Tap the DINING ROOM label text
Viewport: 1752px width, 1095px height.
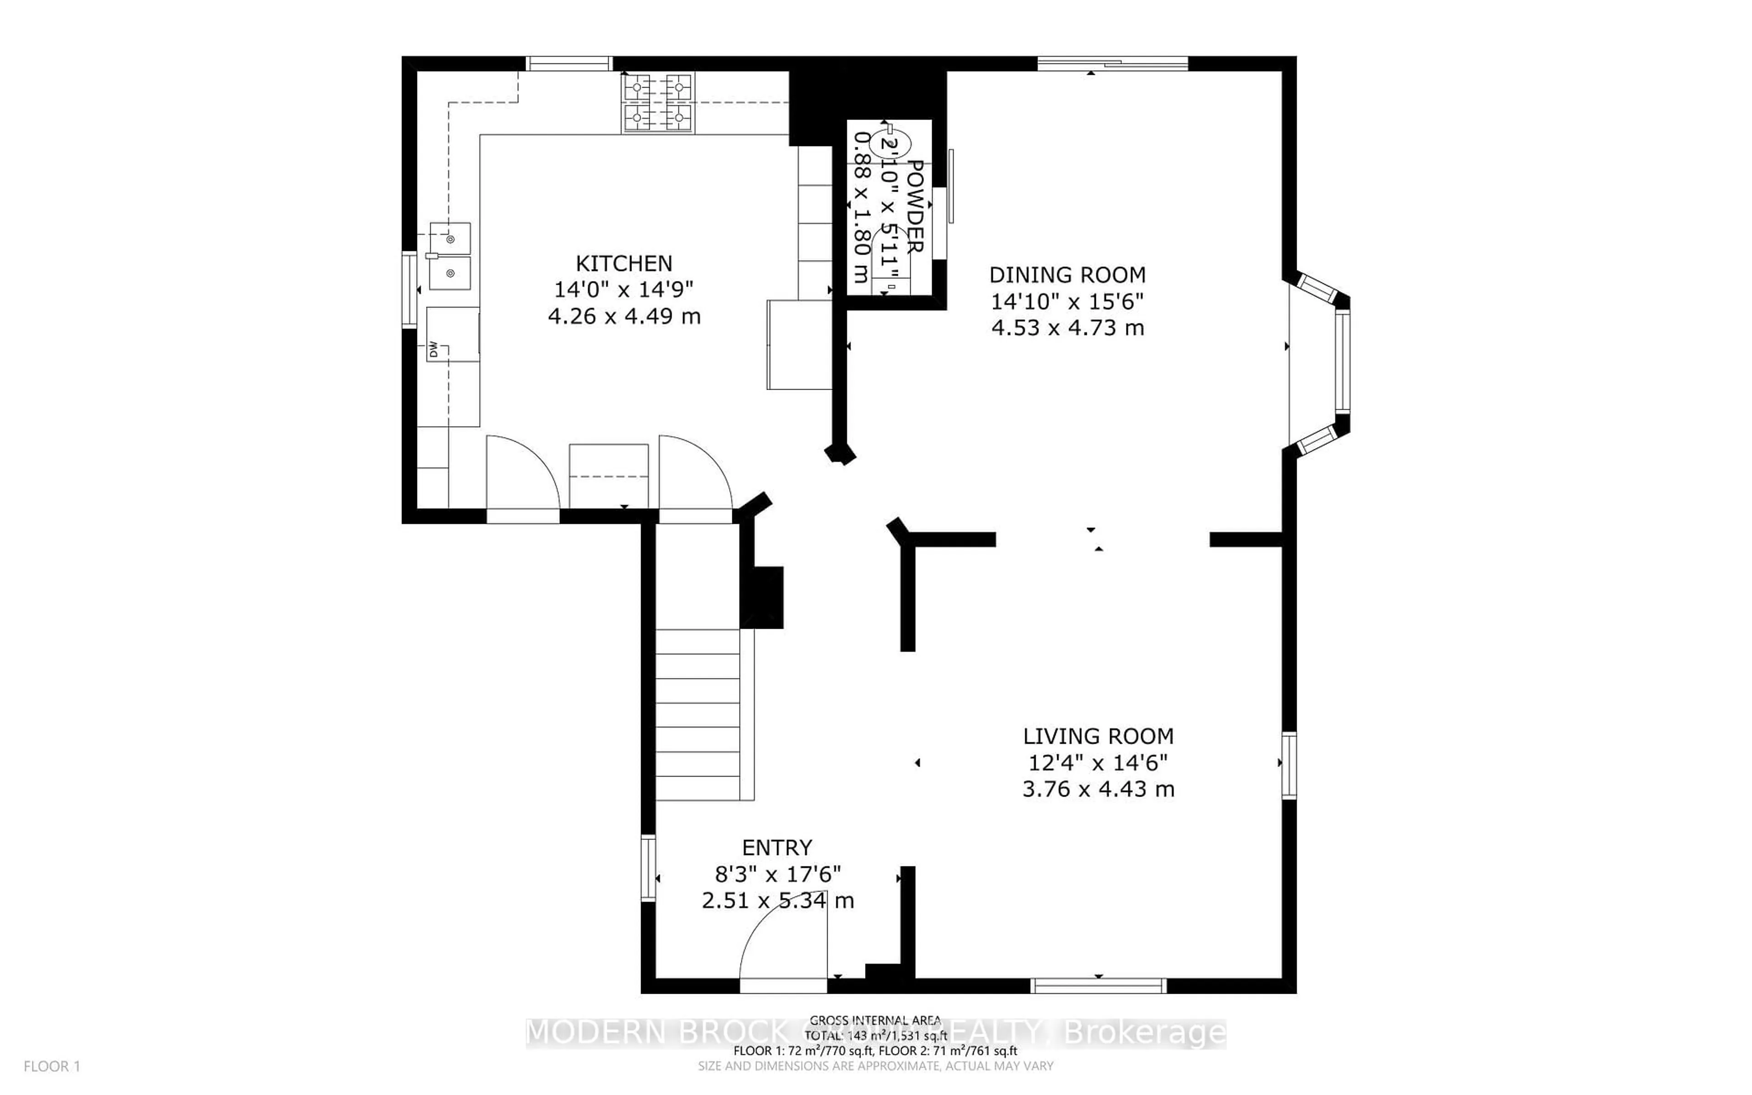click(1067, 275)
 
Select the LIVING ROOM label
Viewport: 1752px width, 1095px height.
click(1098, 736)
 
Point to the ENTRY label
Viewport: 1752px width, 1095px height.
click(777, 847)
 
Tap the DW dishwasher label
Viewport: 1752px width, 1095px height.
click(433, 350)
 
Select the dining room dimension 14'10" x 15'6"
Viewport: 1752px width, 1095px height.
click(1067, 301)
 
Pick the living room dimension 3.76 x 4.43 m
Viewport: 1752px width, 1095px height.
click(1098, 789)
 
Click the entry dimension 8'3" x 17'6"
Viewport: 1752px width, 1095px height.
click(777, 874)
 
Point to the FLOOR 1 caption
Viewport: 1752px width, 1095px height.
click(52, 1066)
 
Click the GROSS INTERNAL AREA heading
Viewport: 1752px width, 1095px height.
click(875, 1021)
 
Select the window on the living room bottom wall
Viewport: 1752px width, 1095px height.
click(1098, 985)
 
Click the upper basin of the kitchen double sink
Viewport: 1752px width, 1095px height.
click(449, 238)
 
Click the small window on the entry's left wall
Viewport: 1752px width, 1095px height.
click(648, 868)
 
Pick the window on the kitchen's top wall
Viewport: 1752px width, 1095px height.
click(569, 64)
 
